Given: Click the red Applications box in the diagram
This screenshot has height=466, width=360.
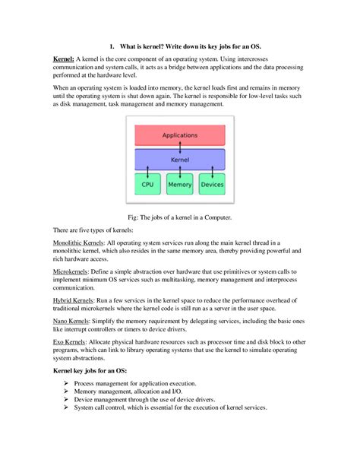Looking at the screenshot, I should pyautogui.click(x=180, y=135).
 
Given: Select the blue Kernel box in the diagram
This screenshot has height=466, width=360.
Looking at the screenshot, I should pyautogui.click(x=180, y=160).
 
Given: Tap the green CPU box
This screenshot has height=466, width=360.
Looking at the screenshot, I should pyautogui.click(x=147, y=184).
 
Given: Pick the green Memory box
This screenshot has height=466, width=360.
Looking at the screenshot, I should pyautogui.click(x=180, y=184).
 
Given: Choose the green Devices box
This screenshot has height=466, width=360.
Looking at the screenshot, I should pyautogui.click(x=212, y=184).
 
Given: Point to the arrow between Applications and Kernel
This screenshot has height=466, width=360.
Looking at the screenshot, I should pyautogui.click(x=180, y=147).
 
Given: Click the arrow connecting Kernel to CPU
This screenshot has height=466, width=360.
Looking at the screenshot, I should pyautogui.click(x=147, y=173).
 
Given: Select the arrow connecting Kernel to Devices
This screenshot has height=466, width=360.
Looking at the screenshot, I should pyautogui.click(x=213, y=173).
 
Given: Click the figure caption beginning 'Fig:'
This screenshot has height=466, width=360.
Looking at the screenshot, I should pyautogui.click(x=180, y=217).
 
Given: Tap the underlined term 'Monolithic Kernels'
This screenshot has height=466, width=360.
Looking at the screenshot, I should pyautogui.click(x=77, y=241).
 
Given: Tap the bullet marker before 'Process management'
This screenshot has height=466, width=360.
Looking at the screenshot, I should pyautogui.click(x=68, y=384).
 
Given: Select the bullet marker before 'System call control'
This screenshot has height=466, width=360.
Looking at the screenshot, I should pyautogui.click(x=68, y=408).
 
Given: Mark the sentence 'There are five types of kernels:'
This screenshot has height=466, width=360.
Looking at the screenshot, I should pyautogui.click(x=95, y=229).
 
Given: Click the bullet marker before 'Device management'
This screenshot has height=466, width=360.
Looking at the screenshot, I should pyautogui.click(x=68, y=400).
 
